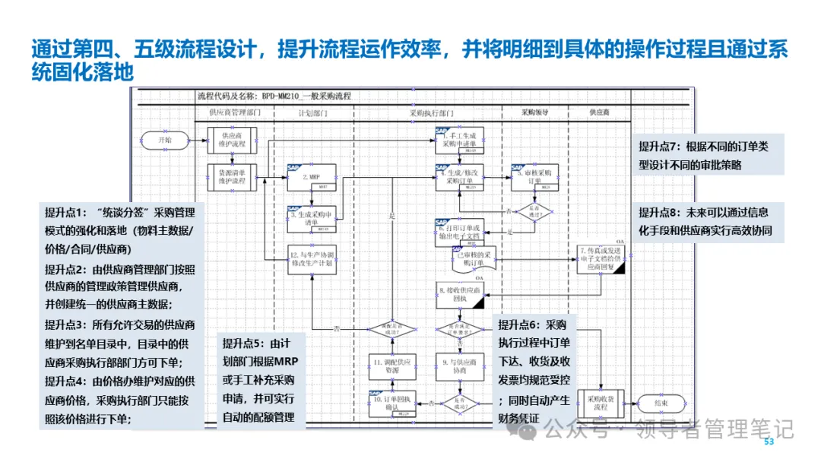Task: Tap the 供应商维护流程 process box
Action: click(x=232, y=139)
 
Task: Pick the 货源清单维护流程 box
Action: click(x=232, y=177)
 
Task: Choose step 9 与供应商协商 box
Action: click(x=461, y=365)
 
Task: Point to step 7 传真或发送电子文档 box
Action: click(x=601, y=258)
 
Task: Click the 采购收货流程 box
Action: click(x=601, y=402)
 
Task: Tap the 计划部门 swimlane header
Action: click(x=312, y=112)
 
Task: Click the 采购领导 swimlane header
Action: click(x=535, y=112)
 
